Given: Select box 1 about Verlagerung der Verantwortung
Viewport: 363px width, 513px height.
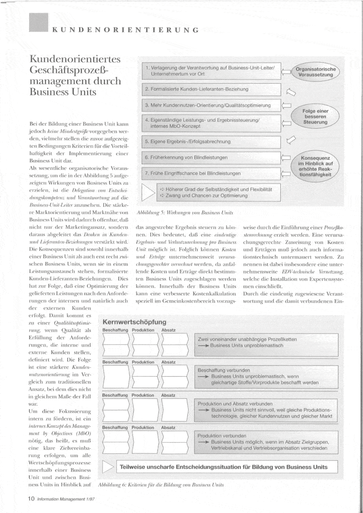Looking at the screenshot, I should click(210, 70).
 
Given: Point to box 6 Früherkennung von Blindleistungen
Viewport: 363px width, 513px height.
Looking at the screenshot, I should click(210, 157).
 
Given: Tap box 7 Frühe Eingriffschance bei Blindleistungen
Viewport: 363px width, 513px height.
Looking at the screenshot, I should click(210, 173).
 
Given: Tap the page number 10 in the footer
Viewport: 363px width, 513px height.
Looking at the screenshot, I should click(31, 498).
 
